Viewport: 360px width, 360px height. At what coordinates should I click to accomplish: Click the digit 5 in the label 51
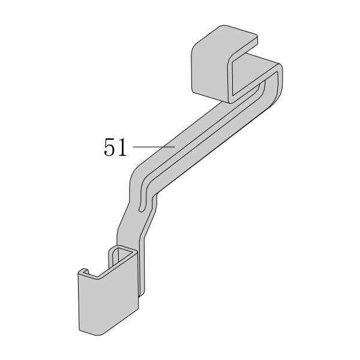click(109, 147)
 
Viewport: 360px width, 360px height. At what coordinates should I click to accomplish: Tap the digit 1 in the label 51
click(122, 147)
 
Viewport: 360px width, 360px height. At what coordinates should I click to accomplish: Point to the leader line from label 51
click(154, 146)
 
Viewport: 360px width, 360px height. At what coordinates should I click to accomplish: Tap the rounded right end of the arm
click(279, 83)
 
